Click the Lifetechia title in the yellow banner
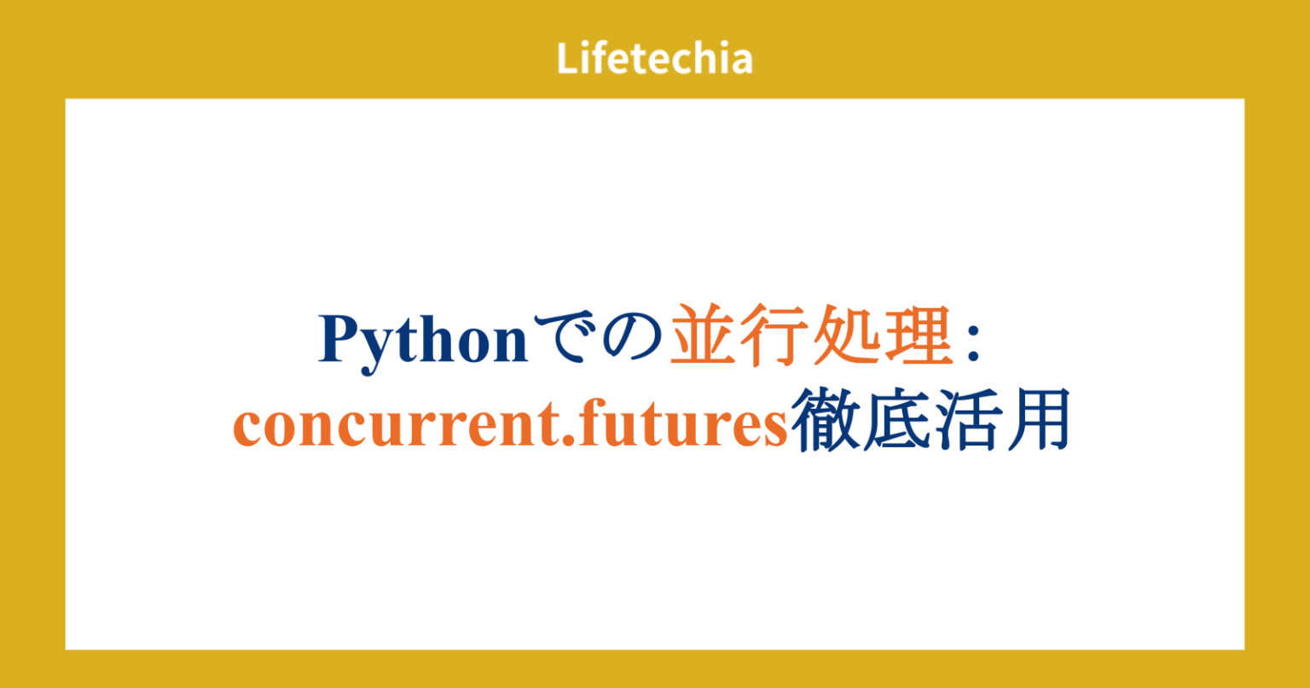tap(654, 58)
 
